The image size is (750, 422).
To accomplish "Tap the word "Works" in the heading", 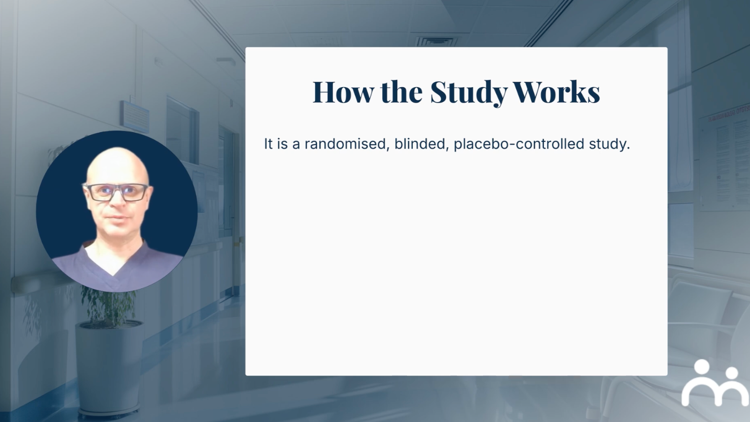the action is click(556, 91).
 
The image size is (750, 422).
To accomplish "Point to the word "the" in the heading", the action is click(402, 91).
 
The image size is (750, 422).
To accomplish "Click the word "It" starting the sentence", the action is click(268, 144).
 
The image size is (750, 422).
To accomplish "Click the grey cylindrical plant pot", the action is click(108, 368).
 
